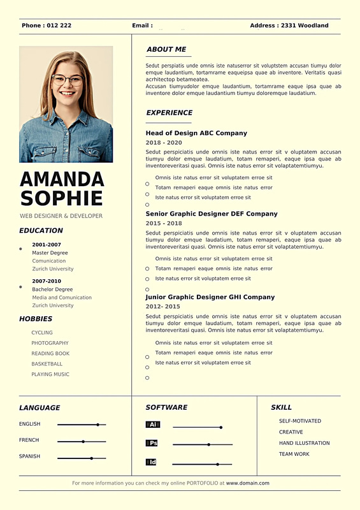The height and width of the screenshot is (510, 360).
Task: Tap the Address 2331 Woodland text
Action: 289,25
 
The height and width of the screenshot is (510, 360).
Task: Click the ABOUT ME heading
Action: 166,49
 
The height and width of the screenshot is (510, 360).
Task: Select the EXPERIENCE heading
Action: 169,113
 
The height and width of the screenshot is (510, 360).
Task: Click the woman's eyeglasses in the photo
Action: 67,80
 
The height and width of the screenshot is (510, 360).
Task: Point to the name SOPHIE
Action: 62,198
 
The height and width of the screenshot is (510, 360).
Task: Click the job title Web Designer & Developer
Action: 61,216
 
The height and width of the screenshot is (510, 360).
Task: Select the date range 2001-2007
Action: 47,245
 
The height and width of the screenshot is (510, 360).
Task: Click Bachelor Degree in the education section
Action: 52,289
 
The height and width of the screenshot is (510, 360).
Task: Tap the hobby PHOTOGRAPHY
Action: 50,343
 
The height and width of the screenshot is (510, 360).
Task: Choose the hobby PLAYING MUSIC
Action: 50,374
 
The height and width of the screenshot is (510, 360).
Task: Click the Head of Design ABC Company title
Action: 196,133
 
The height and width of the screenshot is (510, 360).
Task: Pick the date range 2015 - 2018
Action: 164,224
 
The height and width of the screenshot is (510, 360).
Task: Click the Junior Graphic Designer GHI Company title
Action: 210,297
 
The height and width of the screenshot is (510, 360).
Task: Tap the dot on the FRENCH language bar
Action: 83,441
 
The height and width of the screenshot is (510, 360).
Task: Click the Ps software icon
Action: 152,443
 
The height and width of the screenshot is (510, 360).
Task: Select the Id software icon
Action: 152,462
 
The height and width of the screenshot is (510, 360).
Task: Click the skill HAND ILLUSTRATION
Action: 305,443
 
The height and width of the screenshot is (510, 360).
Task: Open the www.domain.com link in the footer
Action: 248,483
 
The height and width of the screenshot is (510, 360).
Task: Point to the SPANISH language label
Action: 29,456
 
